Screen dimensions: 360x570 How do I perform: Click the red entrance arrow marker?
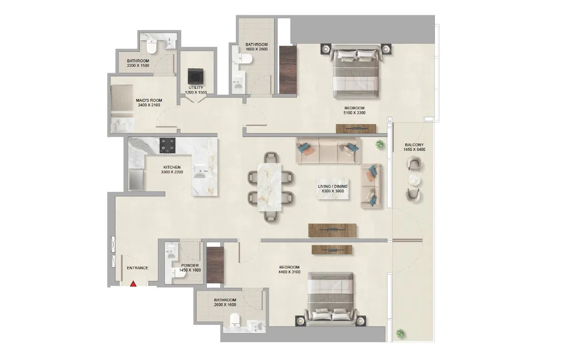(x=133, y=283)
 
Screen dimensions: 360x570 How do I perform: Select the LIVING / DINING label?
(x=332, y=186)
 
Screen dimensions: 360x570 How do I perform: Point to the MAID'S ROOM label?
(x=149, y=100)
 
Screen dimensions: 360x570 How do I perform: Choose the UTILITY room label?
(x=195, y=88)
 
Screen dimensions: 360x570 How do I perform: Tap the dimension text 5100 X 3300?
(x=354, y=113)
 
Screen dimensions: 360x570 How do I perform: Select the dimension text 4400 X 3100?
(x=289, y=272)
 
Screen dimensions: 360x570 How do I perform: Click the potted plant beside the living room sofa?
(x=380, y=144)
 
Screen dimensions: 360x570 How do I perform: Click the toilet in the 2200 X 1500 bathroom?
(x=151, y=47)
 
